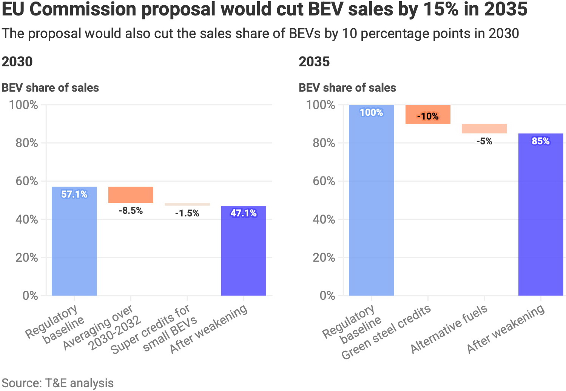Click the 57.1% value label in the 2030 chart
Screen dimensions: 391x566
tap(74, 194)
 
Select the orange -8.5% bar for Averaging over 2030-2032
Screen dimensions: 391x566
tap(131, 195)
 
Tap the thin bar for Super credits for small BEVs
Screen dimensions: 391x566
tap(187, 204)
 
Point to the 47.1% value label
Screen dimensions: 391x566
tap(244, 213)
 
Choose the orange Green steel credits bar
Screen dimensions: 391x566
tap(428, 114)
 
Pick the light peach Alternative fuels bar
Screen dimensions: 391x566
tap(484, 129)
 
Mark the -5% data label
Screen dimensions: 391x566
tap(484, 141)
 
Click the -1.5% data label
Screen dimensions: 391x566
tap(187, 213)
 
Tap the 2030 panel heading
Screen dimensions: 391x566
tap(17, 61)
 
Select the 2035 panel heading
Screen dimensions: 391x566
tap(314, 61)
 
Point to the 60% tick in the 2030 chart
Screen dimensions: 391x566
tap(27, 181)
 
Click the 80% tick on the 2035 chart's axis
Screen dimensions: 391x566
tap(324, 143)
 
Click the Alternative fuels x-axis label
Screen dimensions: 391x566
tap(449, 330)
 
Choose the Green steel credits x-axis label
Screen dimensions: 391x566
tap(386, 332)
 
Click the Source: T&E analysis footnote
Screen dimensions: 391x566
tap(57, 383)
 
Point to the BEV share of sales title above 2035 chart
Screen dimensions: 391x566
tap(347, 88)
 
